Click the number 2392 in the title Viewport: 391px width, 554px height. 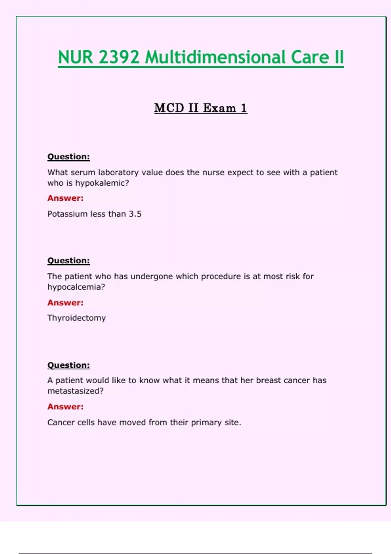(x=119, y=57)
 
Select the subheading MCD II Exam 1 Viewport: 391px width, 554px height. (x=200, y=108)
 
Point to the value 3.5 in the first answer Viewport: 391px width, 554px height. (x=135, y=214)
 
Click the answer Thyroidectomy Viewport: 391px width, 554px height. (x=77, y=318)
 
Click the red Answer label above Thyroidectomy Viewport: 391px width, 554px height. (x=65, y=303)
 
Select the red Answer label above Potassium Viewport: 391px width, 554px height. (x=65, y=198)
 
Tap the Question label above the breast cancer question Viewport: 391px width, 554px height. (x=68, y=365)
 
